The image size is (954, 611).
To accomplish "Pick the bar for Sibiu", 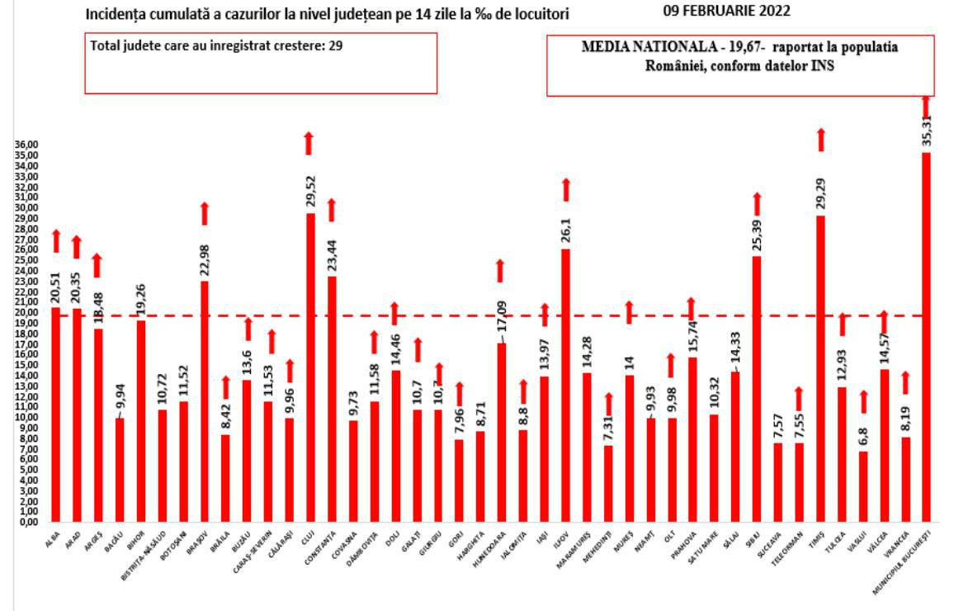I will click(756, 389).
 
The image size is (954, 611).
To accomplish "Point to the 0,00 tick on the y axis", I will click(29, 522).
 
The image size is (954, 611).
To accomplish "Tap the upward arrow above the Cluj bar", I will click(309, 142).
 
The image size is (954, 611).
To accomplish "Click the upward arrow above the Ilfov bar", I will click(566, 189).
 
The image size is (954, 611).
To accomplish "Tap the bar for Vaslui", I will click(862, 486).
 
